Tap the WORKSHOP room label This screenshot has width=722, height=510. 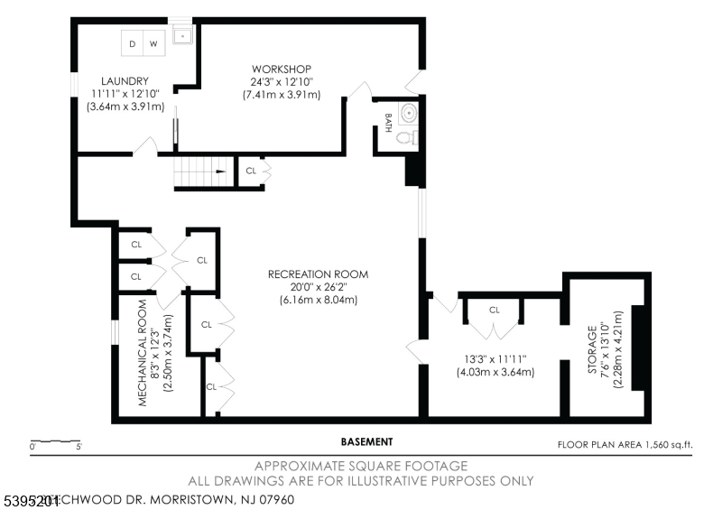point(282,69)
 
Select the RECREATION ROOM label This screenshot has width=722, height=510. point(318,274)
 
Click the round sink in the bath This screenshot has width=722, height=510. point(409,114)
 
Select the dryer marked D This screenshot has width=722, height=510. point(132,42)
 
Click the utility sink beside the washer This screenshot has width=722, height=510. point(183,37)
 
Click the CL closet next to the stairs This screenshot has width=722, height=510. point(251,170)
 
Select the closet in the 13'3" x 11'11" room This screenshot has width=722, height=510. point(495,310)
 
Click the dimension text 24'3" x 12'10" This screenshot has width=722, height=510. point(282,81)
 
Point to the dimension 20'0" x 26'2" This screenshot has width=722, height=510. point(318,287)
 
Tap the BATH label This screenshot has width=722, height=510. point(386,124)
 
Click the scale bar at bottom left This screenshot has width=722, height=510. point(56,442)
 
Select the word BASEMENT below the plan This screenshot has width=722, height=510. point(366,442)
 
